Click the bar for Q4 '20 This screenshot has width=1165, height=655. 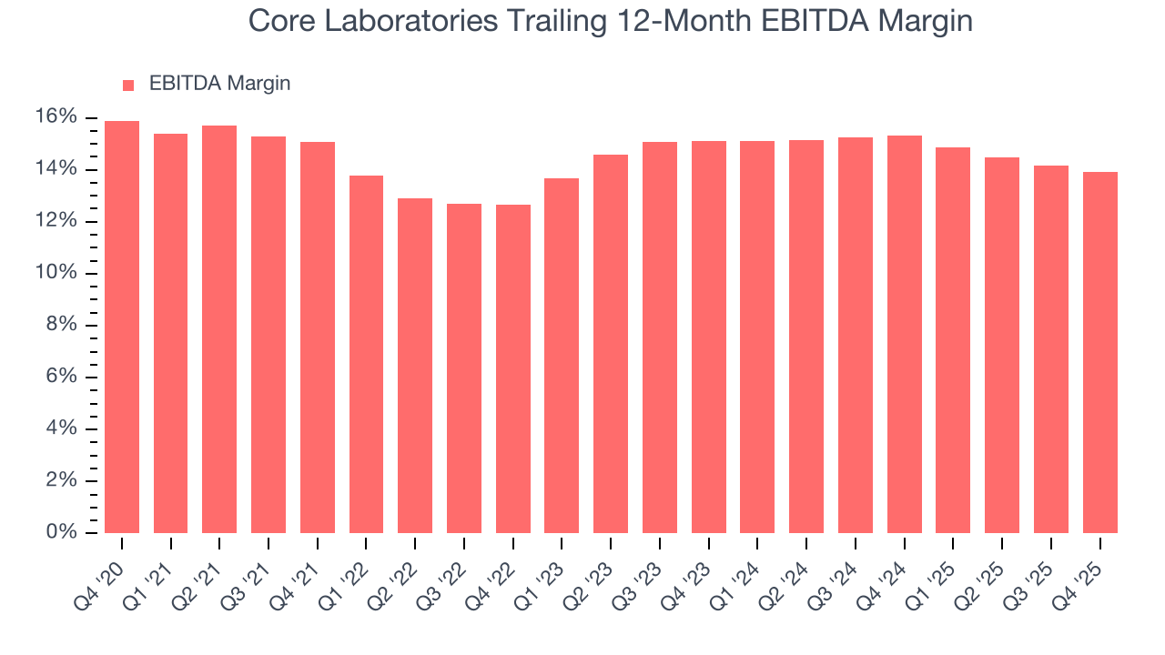pyautogui.click(x=122, y=327)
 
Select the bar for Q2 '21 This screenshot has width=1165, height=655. pyautogui.click(x=219, y=329)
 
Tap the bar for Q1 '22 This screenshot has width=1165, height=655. pyautogui.click(x=366, y=355)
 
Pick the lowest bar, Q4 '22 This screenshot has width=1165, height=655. pyautogui.click(x=512, y=368)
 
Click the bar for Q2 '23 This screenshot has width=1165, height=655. pyautogui.click(x=610, y=344)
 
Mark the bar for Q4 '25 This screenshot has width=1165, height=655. pyautogui.click(x=1099, y=353)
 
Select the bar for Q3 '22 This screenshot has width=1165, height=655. pyautogui.click(x=463, y=368)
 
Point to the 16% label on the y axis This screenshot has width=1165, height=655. pyautogui.click(x=56, y=116)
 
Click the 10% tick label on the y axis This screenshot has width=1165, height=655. pyautogui.click(x=56, y=273)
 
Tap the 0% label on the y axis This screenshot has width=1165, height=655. pyautogui.click(x=60, y=532)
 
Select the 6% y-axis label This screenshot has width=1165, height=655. pyautogui.click(x=60, y=377)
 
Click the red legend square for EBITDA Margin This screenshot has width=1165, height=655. pyautogui.click(x=128, y=85)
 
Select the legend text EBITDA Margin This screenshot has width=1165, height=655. pyautogui.click(x=219, y=84)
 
